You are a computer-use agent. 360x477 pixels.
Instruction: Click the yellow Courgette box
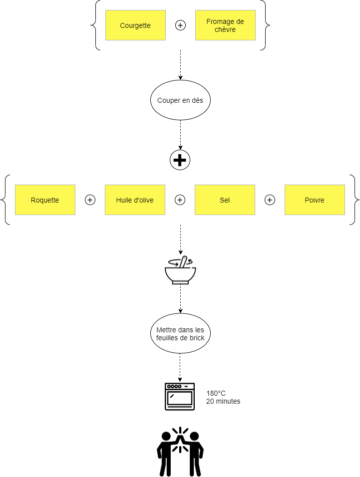pyautogui.click(x=135, y=25)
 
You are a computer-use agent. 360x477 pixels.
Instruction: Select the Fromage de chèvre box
pyautogui.click(x=225, y=25)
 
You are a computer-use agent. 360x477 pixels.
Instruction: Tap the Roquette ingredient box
pyautogui.click(x=45, y=200)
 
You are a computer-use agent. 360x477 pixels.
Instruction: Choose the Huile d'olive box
pyautogui.click(x=135, y=200)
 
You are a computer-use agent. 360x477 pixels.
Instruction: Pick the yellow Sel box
pyautogui.click(x=225, y=200)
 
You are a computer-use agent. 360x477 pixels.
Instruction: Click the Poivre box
pyautogui.click(x=315, y=200)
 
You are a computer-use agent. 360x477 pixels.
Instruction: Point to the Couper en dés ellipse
pyautogui.click(x=180, y=100)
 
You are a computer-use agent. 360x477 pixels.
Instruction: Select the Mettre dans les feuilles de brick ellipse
pyautogui.click(x=180, y=333)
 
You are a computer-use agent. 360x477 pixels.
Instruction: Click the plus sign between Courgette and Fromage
pyautogui.click(x=180, y=25)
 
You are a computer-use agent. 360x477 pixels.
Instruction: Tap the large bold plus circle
pyautogui.click(x=180, y=160)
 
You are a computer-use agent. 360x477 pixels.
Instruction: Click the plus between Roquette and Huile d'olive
pyautogui.click(x=90, y=200)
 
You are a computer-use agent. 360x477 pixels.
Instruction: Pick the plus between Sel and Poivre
pyautogui.click(x=270, y=200)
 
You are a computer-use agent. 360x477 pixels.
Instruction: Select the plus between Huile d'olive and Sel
pyautogui.click(x=180, y=200)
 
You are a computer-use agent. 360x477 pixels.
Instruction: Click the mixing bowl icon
pyautogui.click(x=180, y=270)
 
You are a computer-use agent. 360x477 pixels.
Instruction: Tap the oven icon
pyautogui.click(x=180, y=396)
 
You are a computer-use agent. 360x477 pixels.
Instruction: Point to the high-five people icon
pyautogui.click(x=180, y=452)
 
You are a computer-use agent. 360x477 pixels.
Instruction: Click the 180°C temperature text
pyautogui.click(x=216, y=393)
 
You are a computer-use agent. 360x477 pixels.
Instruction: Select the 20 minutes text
pyautogui.click(x=223, y=401)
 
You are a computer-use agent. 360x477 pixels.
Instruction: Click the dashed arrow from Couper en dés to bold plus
pyautogui.click(x=180, y=135)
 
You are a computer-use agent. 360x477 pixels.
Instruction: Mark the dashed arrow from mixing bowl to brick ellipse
pyautogui.click(x=180, y=299)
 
